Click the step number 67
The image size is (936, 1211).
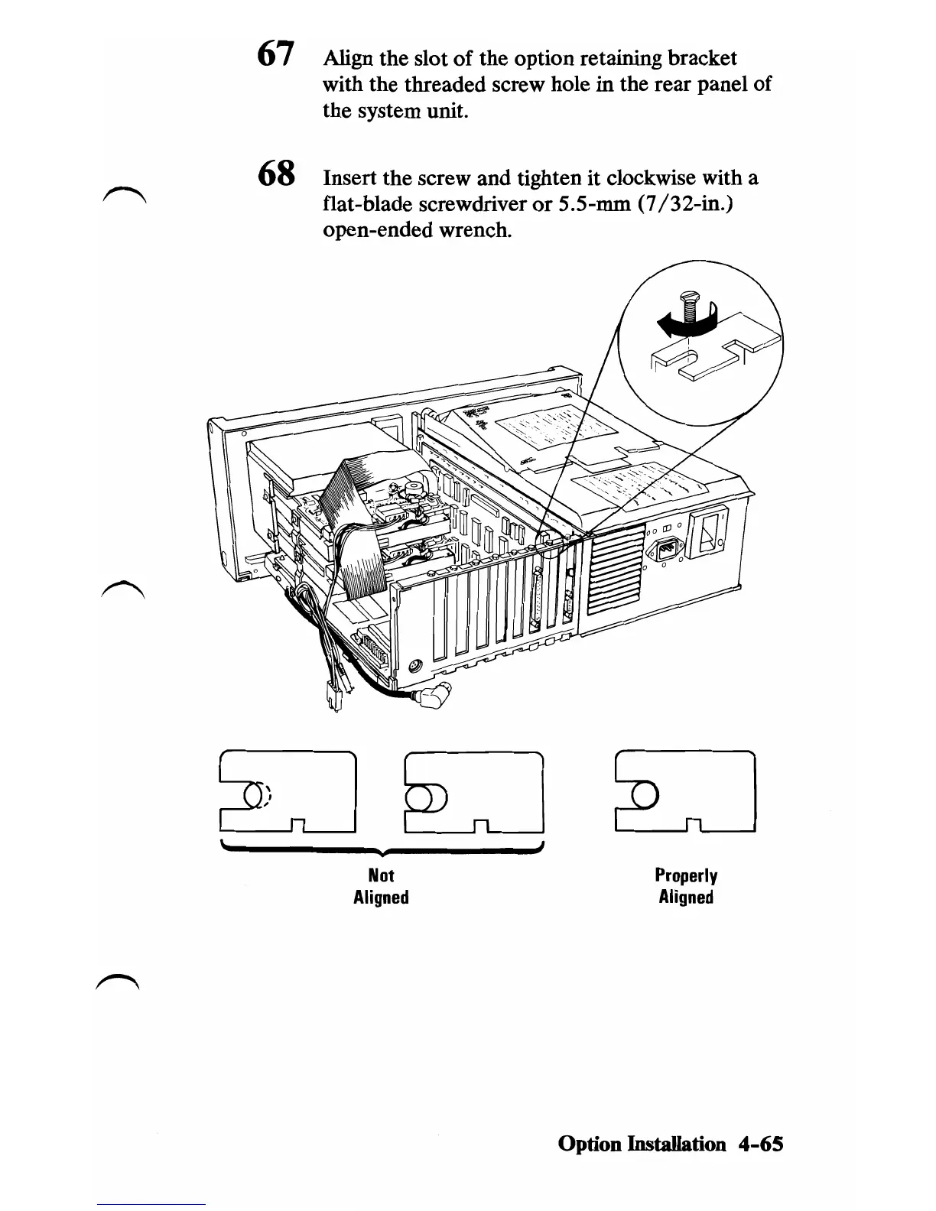[x=275, y=54]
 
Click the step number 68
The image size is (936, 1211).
[x=276, y=174]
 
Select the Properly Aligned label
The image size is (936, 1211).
[x=686, y=886]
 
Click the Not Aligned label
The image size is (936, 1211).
[x=382, y=886]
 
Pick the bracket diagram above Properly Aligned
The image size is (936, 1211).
[x=685, y=791]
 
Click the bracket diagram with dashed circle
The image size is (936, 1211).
[x=288, y=791]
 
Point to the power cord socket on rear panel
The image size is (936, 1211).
[x=665, y=550]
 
